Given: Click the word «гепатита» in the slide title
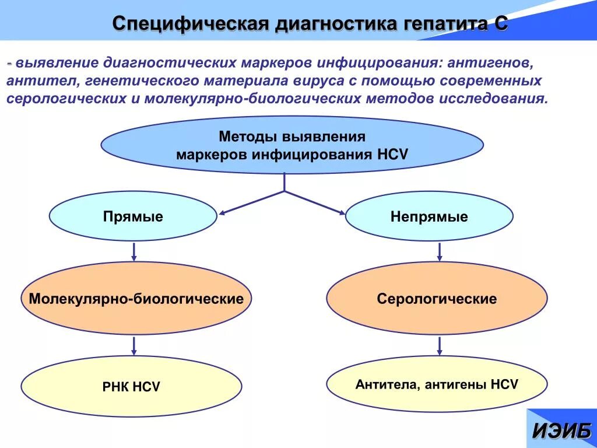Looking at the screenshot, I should pos(438,24).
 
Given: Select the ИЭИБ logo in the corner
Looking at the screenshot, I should pos(561,430).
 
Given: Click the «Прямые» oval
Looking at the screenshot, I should pos(133,217).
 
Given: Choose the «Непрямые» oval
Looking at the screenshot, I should pos(429,217).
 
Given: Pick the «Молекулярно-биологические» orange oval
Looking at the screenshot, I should pos(136,299).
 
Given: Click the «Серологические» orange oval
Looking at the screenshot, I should pos(437,299).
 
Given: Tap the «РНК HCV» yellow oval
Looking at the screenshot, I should pos(132,386).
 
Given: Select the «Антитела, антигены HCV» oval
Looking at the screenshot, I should pos(437,384).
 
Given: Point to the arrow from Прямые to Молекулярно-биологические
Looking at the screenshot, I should pos(134,251).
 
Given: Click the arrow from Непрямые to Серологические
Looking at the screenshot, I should pos(440,251).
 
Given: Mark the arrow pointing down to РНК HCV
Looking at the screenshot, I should pos(134,345).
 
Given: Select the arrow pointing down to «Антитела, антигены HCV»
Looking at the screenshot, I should pos(440,345).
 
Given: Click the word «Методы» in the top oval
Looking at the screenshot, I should pos(248,136).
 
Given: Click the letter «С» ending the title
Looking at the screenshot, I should pos(501,24).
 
